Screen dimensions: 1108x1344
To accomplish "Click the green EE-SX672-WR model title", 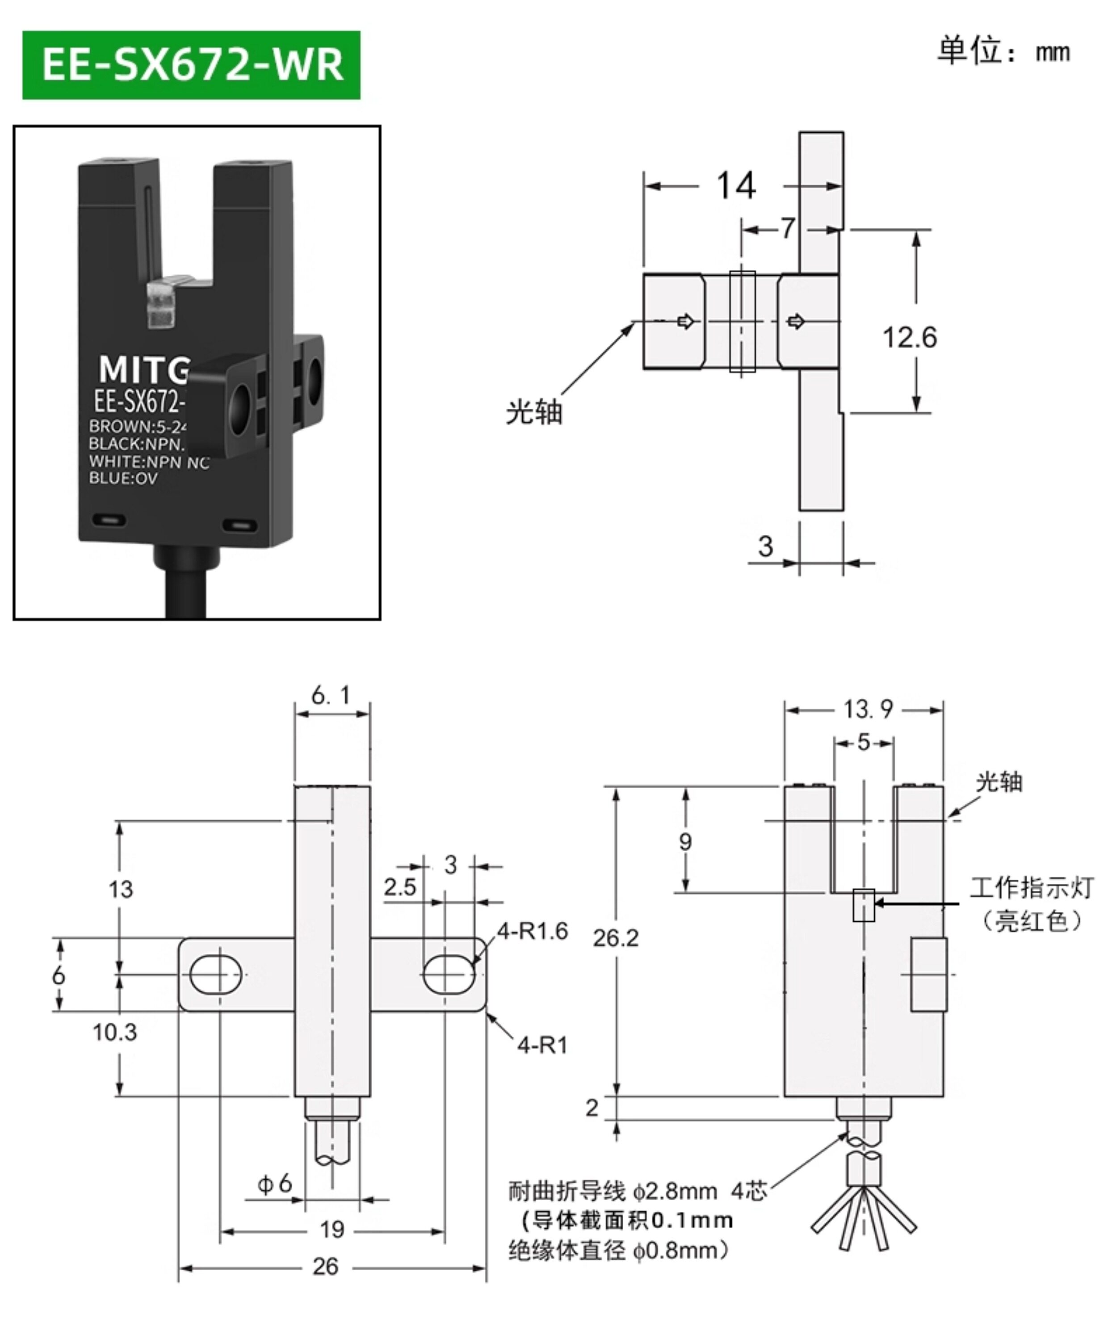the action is click(192, 65).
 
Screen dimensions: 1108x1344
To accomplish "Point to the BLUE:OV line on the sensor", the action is click(123, 479).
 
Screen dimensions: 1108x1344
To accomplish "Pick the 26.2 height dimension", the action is click(615, 937).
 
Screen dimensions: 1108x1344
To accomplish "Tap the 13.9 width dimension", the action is click(868, 709).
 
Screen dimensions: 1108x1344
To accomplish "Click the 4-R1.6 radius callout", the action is click(532, 931).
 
